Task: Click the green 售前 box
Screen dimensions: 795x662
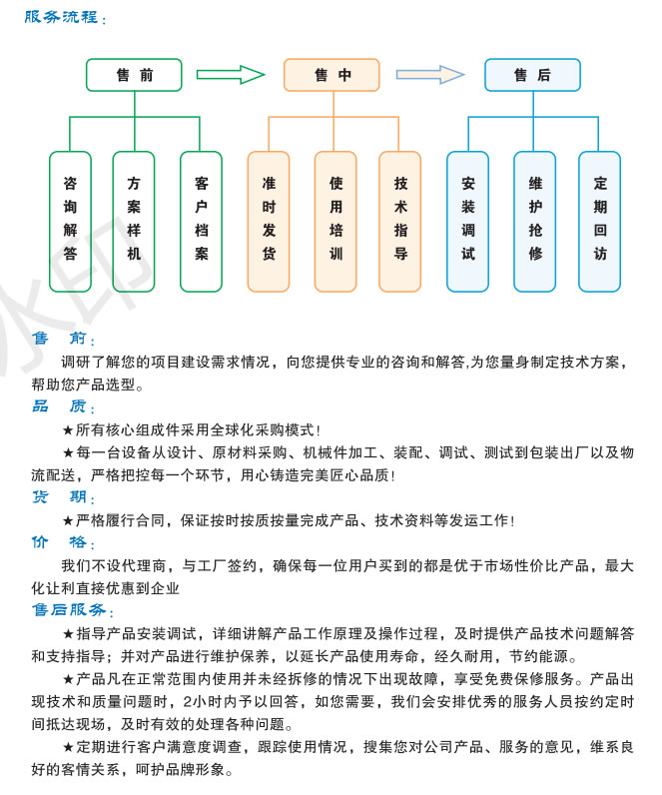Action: (x=134, y=75)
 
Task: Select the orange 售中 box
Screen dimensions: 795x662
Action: (x=331, y=75)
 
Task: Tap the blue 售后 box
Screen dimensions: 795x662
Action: (x=532, y=75)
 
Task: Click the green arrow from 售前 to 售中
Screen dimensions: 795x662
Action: (x=231, y=74)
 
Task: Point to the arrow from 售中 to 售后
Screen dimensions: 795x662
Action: (x=430, y=74)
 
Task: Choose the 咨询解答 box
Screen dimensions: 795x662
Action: (x=70, y=220)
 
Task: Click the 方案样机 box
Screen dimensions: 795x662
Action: (x=134, y=220)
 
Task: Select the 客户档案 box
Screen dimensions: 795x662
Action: (x=202, y=220)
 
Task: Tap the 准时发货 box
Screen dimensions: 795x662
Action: (x=269, y=220)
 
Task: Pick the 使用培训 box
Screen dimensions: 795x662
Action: (x=335, y=220)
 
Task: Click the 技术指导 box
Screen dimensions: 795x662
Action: (x=400, y=220)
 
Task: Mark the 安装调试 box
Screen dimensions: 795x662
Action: (x=467, y=220)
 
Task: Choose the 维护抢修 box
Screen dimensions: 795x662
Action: (x=535, y=220)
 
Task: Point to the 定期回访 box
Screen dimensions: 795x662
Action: (x=599, y=220)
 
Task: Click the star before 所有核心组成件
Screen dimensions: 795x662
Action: (x=68, y=430)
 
